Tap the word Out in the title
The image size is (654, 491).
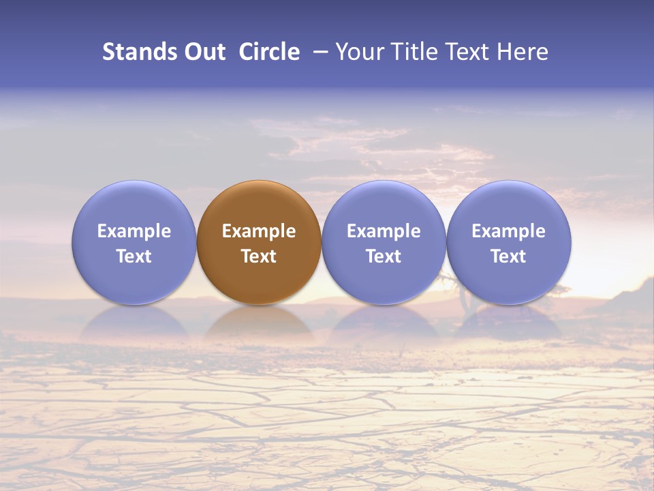coord(204,52)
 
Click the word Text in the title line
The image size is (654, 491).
coord(467,52)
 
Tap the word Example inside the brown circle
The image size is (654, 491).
coord(259,231)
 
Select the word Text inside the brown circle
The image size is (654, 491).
coord(259,256)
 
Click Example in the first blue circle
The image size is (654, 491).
coord(134,231)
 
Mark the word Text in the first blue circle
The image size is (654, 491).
coord(134,256)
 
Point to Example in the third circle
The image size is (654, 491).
coord(384,231)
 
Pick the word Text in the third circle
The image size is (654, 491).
coord(384,256)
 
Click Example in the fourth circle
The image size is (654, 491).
coord(508,231)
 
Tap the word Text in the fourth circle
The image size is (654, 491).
coord(508,256)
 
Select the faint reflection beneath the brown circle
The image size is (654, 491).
coord(259,324)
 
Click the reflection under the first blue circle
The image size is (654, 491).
coord(134,324)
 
